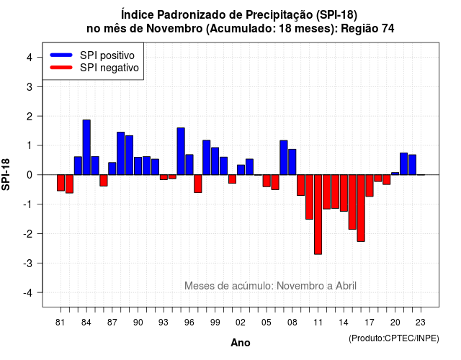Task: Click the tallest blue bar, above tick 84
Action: tap(86, 147)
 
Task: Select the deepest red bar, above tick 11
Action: tap(318, 215)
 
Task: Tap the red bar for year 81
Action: tap(61, 183)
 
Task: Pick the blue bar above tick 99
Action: tap(215, 161)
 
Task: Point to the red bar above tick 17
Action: tap(370, 186)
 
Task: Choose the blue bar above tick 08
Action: tap(292, 162)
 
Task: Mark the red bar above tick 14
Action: tap(344, 193)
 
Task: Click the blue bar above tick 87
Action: tap(112, 168)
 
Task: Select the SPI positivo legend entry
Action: tap(92, 55)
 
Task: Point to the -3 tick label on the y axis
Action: tap(28, 263)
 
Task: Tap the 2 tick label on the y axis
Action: tap(30, 117)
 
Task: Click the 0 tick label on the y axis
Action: tap(30, 175)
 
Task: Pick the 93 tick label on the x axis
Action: tap(164, 323)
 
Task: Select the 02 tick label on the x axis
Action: tap(241, 323)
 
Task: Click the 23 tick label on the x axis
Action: tap(421, 323)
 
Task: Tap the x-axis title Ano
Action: tap(241, 343)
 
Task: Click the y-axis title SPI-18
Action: tap(6, 174)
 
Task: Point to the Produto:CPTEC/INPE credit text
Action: tap(394, 338)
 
